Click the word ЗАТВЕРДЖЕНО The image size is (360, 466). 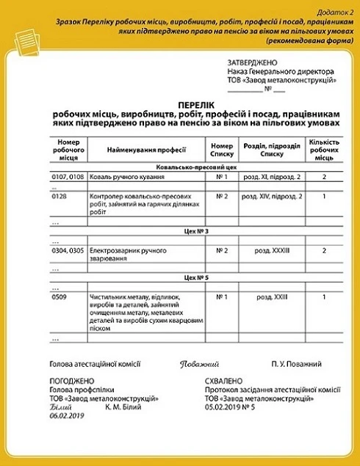(252, 63)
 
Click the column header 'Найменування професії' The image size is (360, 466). (145, 150)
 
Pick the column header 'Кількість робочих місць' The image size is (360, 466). (323, 149)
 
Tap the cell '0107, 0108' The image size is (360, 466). (68, 177)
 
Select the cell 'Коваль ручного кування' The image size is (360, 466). (125, 177)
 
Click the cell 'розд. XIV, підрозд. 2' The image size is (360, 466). (272, 197)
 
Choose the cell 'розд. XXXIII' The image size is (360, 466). (272, 250)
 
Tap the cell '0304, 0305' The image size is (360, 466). (68, 250)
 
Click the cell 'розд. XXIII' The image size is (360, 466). (272, 296)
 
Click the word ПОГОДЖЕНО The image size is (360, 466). (72, 382)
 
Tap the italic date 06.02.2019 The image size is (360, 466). (68, 415)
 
